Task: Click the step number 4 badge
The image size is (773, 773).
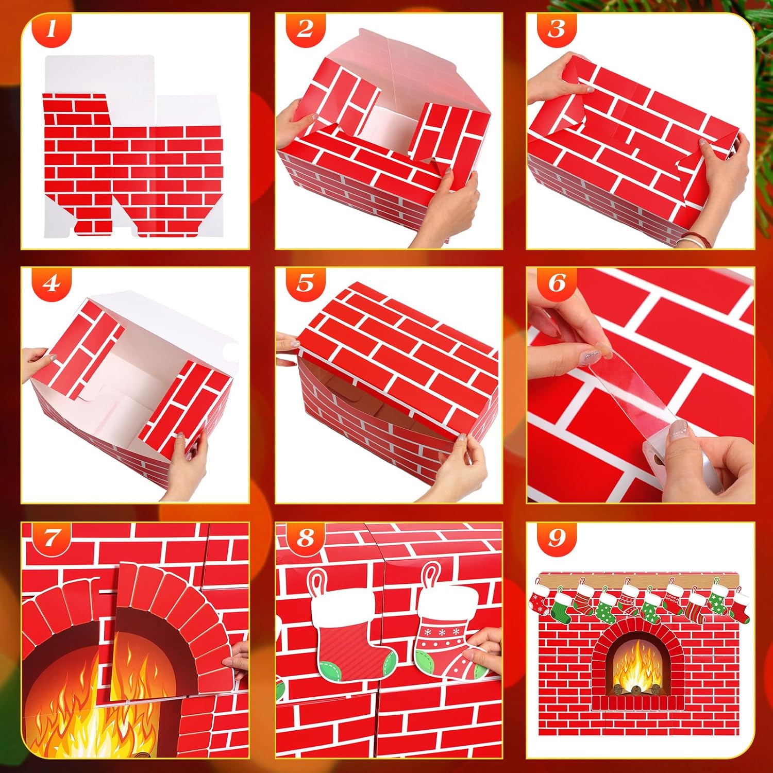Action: point(50,283)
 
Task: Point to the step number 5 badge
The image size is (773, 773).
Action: point(305,283)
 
